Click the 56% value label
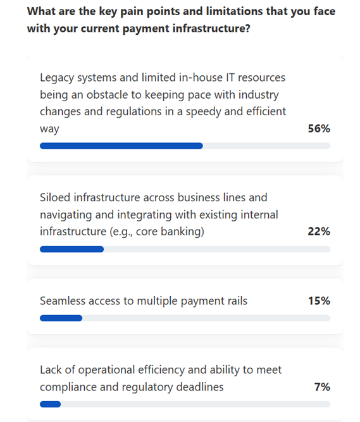pyautogui.click(x=319, y=128)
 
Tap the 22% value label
pyautogui.click(x=319, y=232)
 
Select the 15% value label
pyautogui.click(x=319, y=301)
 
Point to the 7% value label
pyautogui.click(x=322, y=387)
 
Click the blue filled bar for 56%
pyautogui.click(x=121, y=146)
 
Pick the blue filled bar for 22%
pyautogui.click(x=72, y=249)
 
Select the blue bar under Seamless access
pyautogui.click(x=61, y=318)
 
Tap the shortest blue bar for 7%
pyautogui.click(x=51, y=404)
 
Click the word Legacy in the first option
pyautogui.click(x=57, y=78)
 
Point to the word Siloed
pyautogui.click(x=55, y=197)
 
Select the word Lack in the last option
pyautogui.click(x=51, y=369)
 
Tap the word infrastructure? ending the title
pyautogui.click(x=211, y=28)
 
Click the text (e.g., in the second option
pyautogui.click(x=121, y=232)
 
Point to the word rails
pyautogui.click(x=237, y=301)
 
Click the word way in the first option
pyautogui.click(x=49, y=129)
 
